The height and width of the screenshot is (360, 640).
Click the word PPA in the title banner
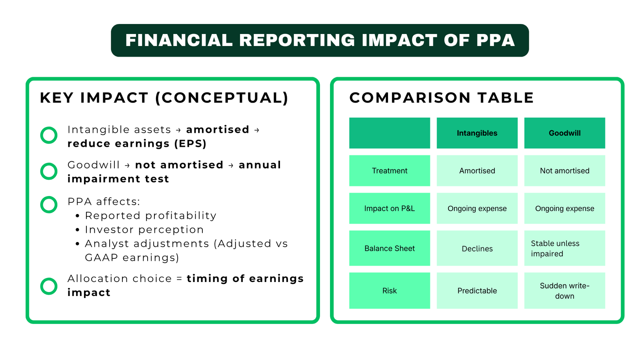click(x=495, y=40)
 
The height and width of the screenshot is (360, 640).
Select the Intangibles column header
click(x=477, y=133)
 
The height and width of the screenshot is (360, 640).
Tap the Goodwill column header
click(x=564, y=133)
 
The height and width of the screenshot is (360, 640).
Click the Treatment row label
click(x=389, y=171)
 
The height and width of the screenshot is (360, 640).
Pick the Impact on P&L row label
click(x=389, y=208)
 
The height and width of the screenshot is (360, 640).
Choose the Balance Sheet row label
click(x=389, y=248)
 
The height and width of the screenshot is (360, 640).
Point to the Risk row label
click(x=389, y=291)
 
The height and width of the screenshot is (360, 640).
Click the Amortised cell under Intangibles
click(x=477, y=171)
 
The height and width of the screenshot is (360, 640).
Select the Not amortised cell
click(x=564, y=171)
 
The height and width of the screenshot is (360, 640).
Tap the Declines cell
click(x=477, y=248)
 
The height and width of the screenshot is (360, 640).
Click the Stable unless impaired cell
click(x=564, y=248)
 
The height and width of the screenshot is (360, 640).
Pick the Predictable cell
click(x=477, y=291)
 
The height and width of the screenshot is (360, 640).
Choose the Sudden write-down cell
click(x=564, y=291)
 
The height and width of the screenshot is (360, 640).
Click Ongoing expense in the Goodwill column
click(x=564, y=208)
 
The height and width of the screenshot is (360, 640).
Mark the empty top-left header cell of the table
click(x=389, y=133)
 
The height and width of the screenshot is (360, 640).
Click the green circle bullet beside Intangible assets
click(x=49, y=135)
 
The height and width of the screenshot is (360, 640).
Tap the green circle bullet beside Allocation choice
click(x=49, y=286)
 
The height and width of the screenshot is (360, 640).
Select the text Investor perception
click(x=144, y=230)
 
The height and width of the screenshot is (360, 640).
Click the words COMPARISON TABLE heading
click(x=441, y=98)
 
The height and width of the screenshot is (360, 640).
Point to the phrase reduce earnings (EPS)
click(x=137, y=144)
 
